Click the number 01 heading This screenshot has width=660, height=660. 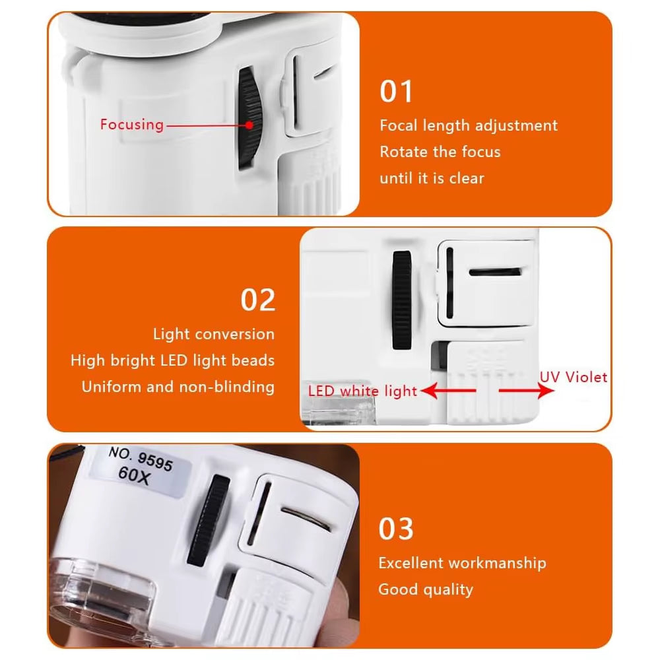coord(396,91)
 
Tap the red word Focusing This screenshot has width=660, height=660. coord(132,125)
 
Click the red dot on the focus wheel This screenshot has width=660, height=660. coord(249,125)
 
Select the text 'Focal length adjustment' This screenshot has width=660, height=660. coord(469,125)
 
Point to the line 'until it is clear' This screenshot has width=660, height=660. coord(432,178)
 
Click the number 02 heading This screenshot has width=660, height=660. coord(257,300)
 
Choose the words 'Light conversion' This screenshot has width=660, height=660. coord(214,334)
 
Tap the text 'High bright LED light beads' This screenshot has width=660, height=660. coord(172,361)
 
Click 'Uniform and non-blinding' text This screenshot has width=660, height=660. coord(178,387)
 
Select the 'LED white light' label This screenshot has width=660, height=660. coord(362,391)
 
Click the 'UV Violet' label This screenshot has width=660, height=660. coord(574,377)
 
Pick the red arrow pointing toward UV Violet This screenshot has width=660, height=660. coord(526,390)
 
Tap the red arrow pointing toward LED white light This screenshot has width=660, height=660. coord(448,391)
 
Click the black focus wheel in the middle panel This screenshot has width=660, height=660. coord(402,300)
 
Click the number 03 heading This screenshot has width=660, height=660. coord(395,529)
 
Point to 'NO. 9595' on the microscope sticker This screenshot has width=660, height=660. coord(141,459)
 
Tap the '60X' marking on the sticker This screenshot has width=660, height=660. coord(134,476)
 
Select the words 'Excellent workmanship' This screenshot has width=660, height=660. coord(462,563)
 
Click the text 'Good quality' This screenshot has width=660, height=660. coord(426,589)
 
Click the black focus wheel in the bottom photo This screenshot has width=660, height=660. coord(209,520)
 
